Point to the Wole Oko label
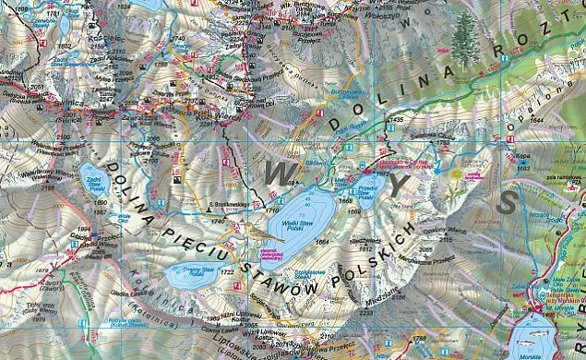(123, 219)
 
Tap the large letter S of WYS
(507, 203)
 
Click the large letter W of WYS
(282, 170)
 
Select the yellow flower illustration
(455, 173)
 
